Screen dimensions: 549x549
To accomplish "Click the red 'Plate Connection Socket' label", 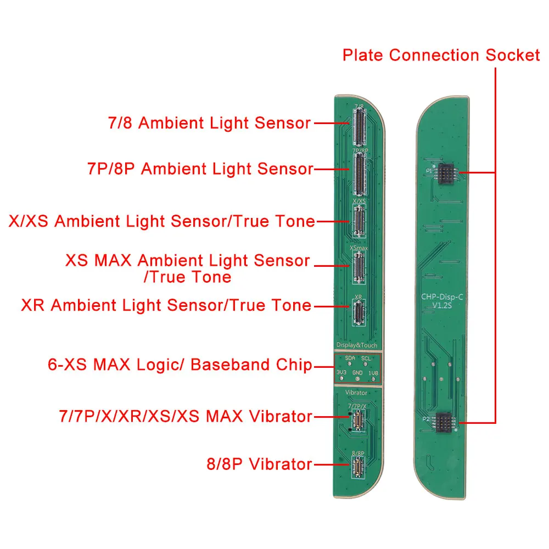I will tap(441, 55).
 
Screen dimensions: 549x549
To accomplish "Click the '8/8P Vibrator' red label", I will tap(259, 464).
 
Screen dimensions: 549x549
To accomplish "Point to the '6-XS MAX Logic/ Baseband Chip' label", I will tap(180, 365).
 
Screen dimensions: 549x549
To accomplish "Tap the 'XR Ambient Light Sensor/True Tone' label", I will tap(166, 305).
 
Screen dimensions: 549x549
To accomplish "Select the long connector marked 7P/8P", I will tap(360, 173).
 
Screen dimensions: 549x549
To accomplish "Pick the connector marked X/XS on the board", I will tap(359, 222).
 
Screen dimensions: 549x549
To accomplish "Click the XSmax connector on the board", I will tap(359, 268).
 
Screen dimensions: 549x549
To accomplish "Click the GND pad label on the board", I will tap(358, 373).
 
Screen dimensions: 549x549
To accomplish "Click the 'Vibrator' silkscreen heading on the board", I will tap(357, 393).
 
